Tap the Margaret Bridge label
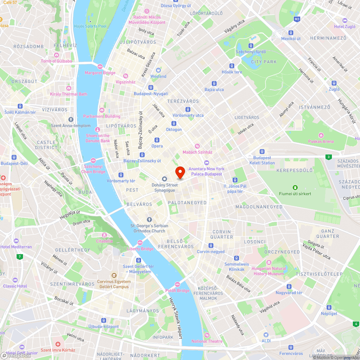(x=100, y=73)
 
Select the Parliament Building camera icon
(x=102, y=110)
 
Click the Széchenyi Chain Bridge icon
(x=93, y=160)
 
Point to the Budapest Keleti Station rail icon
(x=262, y=152)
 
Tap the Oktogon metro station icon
(x=174, y=123)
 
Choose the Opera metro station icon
(x=157, y=140)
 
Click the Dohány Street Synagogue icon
(x=165, y=179)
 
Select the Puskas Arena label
(x=321, y=141)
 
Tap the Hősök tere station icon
(x=232, y=66)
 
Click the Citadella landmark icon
(x=104, y=235)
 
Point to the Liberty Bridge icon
(x=140, y=243)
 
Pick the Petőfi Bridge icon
(x=177, y=284)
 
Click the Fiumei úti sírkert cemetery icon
(x=295, y=187)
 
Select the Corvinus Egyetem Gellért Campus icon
(x=113, y=275)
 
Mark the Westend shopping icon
(x=158, y=70)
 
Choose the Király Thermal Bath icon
(x=69, y=88)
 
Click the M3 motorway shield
(x=297, y=19)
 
